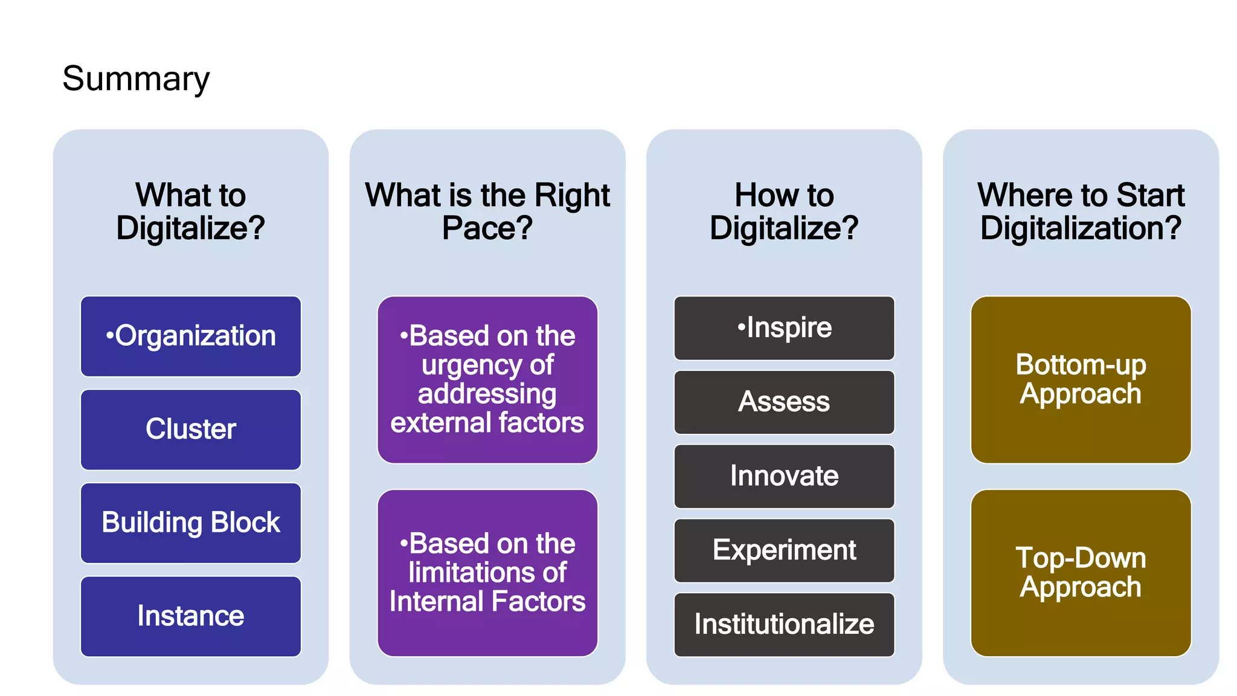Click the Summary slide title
click(136, 79)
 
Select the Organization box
click(191, 336)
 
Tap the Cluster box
click(191, 430)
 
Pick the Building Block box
click(191, 523)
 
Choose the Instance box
click(191, 616)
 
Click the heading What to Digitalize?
click(191, 211)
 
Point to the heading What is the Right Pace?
click(487, 211)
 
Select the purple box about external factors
click(487, 379)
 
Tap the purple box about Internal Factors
click(487, 573)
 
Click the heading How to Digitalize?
click(784, 211)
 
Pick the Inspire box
click(784, 328)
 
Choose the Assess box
click(784, 402)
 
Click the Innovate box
click(784, 476)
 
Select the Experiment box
click(784, 550)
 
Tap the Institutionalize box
click(784, 625)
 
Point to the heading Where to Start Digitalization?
click(1081, 211)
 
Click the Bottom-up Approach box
click(1081, 379)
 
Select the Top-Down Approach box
click(1081, 573)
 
